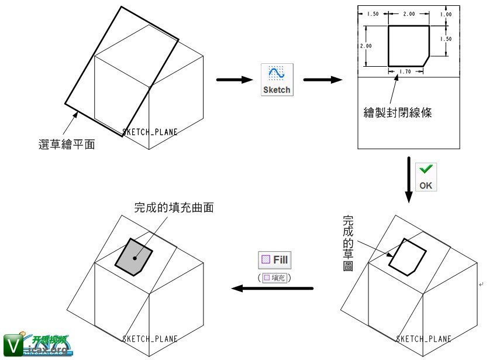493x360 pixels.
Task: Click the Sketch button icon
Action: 277,80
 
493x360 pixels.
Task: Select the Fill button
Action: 274,260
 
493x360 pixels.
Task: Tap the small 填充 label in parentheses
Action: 274,277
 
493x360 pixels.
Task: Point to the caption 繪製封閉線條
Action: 397,113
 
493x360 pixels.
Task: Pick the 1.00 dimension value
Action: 446,14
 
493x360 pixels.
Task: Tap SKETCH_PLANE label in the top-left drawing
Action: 150,132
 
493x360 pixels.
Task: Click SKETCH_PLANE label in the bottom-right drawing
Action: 423,339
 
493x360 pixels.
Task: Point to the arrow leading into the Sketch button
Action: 233,80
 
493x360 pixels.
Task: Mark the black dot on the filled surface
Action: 135,258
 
